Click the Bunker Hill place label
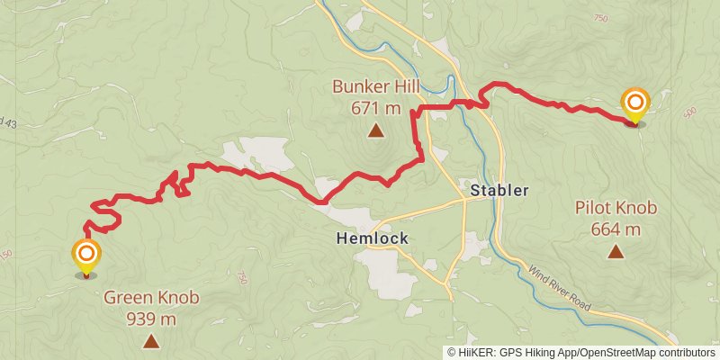coord(375,88)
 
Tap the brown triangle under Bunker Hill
coord(375,131)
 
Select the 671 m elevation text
coord(375,108)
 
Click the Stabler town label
coord(499,191)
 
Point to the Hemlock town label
coord(373,238)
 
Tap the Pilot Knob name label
coord(616,208)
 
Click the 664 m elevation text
coord(616,229)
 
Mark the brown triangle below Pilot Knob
coord(616,251)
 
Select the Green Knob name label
coord(151,297)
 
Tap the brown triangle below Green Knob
coord(151,341)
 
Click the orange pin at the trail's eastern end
coord(635,103)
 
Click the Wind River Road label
coord(559,288)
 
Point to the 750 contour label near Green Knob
coord(241,281)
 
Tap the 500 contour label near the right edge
coord(690,112)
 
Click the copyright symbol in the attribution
coord(451,353)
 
